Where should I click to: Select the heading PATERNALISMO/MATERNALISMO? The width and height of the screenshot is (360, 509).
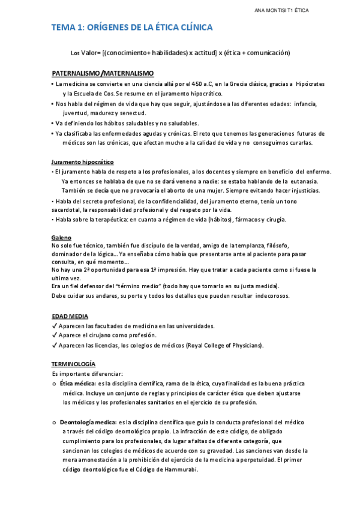[x=103, y=73]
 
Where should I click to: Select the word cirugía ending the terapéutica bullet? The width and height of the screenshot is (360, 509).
[x=274, y=220]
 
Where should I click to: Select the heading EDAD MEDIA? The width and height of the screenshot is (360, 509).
[x=70, y=316]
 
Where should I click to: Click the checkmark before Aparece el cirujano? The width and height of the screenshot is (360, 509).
[x=55, y=335]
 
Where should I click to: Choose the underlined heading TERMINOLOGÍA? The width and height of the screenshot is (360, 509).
[x=73, y=364]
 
